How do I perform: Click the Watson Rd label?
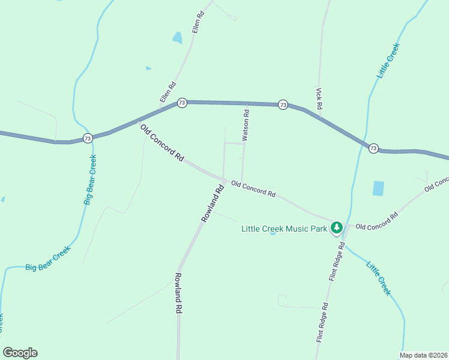[246, 123]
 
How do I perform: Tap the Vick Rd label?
[319, 98]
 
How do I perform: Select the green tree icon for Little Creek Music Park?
[337, 227]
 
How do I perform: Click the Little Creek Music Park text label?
[284, 228]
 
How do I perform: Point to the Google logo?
[20, 353]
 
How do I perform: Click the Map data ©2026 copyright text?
[423, 355]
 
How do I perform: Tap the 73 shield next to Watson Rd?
[283, 105]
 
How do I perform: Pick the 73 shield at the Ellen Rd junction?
[182, 103]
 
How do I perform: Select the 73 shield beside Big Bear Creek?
[88, 139]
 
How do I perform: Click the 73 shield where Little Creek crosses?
[373, 148]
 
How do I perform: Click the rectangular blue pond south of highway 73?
[378, 188]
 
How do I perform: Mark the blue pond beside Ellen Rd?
[177, 38]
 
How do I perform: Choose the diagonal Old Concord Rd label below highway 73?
[162, 143]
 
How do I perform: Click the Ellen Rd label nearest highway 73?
[167, 92]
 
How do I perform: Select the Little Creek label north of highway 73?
[388, 61]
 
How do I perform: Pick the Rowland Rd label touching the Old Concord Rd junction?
[212, 204]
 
